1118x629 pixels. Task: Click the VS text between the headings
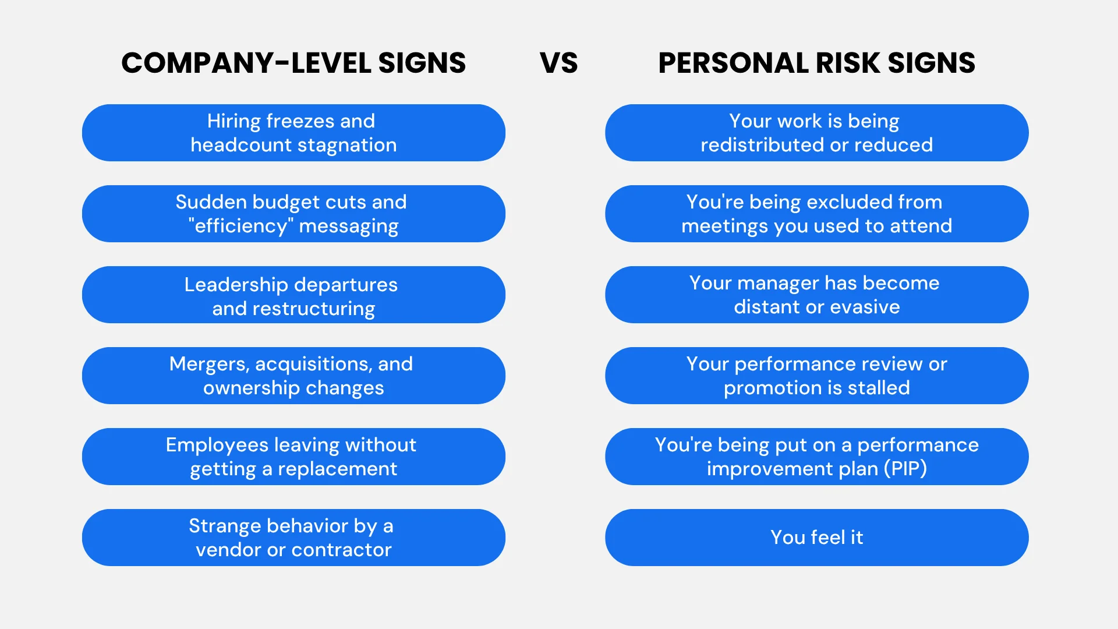click(558, 63)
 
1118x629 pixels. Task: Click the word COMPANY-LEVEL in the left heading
click(246, 63)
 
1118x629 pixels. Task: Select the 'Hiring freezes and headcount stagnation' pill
click(293, 133)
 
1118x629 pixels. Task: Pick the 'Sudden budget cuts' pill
click(293, 214)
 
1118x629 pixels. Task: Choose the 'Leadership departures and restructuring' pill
click(293, 295)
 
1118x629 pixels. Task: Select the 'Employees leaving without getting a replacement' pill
click(293, 457)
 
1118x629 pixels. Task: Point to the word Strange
click(225, 526)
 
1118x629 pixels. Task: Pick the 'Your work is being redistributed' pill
click(816, 133)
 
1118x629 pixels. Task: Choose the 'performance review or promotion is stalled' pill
click(816, 376)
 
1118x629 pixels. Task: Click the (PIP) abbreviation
click(905, 469)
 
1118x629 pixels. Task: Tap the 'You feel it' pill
click(816, 538)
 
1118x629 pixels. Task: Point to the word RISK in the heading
click(848, 63)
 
